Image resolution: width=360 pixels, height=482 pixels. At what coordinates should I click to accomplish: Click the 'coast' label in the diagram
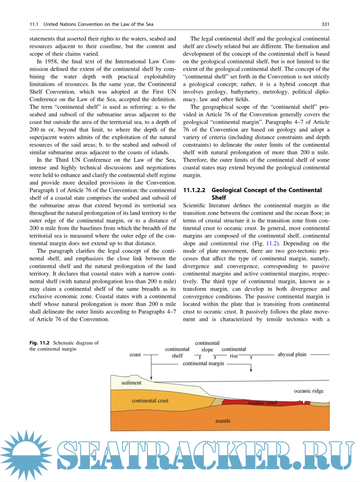[x=135, y=355]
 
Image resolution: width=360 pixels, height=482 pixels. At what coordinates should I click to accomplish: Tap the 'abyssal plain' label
[x=292, y=355]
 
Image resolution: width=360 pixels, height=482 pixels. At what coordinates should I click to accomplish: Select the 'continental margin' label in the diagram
[x=203, y=363]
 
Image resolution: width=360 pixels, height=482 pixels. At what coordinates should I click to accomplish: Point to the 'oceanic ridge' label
[x=309, y=391]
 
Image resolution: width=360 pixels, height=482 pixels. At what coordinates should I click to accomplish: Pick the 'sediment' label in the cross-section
[x=131, y=383]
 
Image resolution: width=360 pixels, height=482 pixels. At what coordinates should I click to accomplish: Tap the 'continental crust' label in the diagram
[x=150, y=401]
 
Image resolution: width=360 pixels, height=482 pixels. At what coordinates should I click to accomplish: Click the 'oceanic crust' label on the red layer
[x=263, y=403]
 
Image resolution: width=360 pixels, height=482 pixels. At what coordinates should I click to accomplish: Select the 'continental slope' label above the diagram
[x=207, y=346]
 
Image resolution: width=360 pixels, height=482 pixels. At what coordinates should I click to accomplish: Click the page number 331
[x=326, y=24]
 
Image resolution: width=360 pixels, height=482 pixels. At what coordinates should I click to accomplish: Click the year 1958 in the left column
[x=48, y=63]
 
